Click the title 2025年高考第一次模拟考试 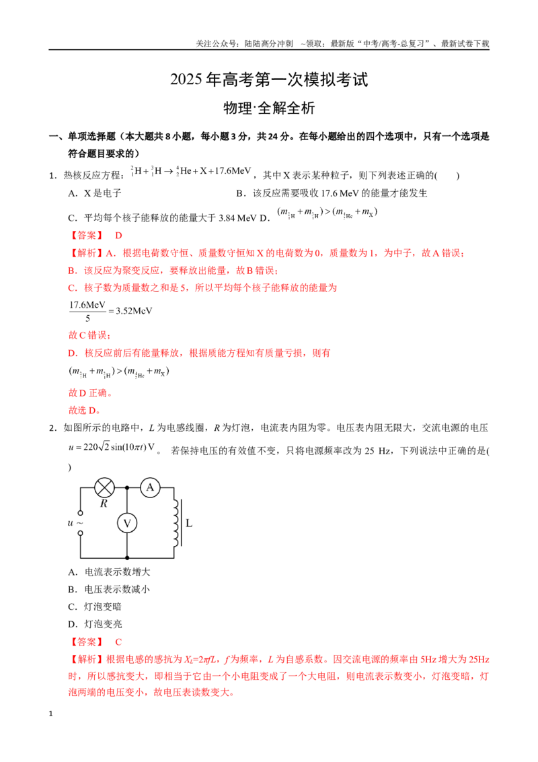(269, 79)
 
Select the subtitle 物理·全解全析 (269, 108)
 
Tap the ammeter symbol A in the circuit (150, 487)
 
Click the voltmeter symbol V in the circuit (127, 523)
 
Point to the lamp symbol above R (104, 487)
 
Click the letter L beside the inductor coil (189, 524)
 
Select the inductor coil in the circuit (176, 523)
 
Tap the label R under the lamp (104, 504)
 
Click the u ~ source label (75, 523)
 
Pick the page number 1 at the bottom (50, 714)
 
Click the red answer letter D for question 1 (118, 236)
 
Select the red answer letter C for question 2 (118, 642)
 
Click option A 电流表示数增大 (109, 572)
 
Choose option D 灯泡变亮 (95, 624)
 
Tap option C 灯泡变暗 (95, 607)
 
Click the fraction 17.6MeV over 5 (87, 311)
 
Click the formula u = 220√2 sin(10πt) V (112, 447)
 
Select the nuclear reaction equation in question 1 (191, 171)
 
